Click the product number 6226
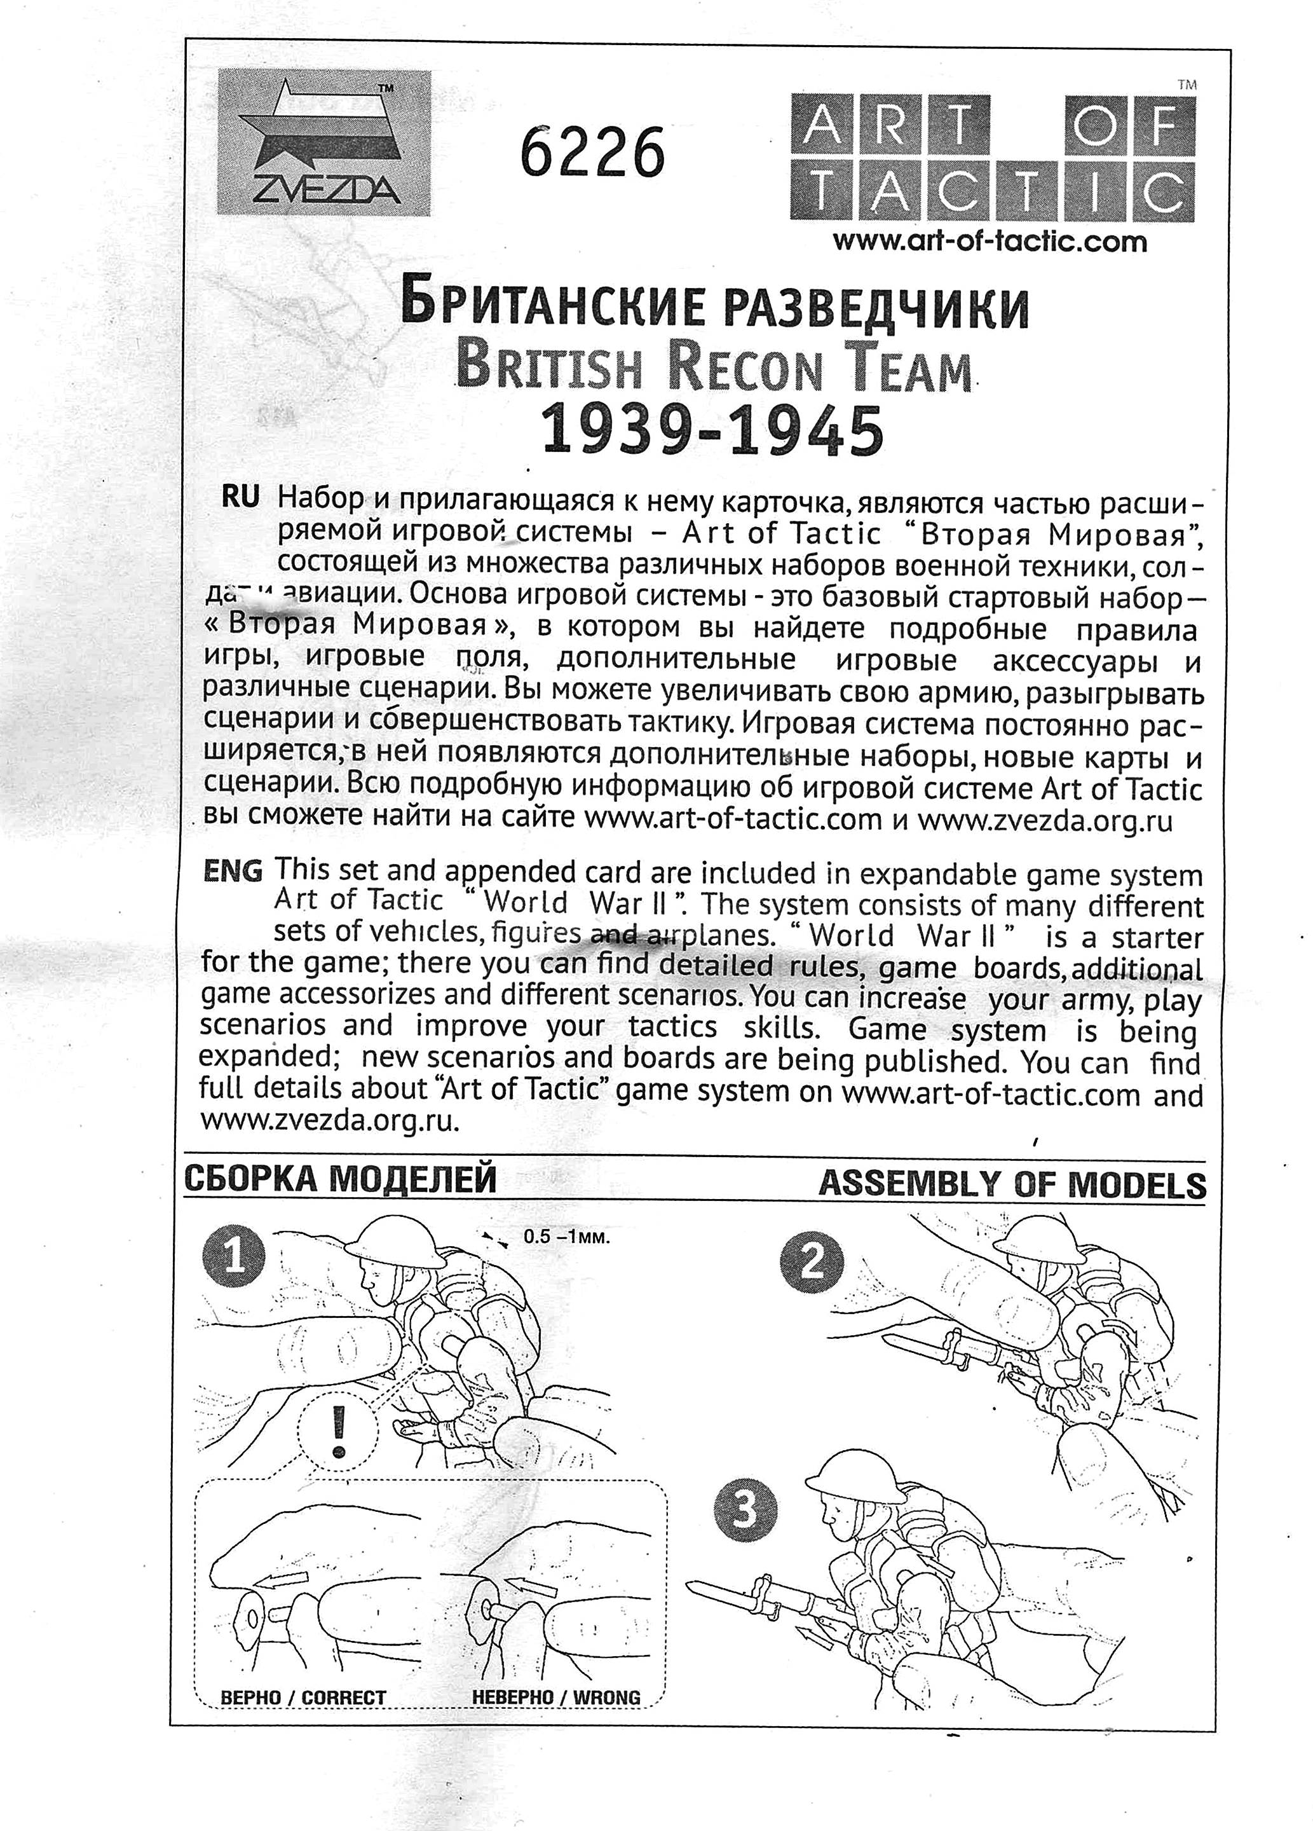click(592, 153)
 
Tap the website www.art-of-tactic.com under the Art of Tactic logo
click(989, 240)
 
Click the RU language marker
click(240, 498)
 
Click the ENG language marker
click(233, 871)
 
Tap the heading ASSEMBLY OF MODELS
click(1012, 1184)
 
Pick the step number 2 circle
click(811, 1261)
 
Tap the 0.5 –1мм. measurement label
click(566, 1236)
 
